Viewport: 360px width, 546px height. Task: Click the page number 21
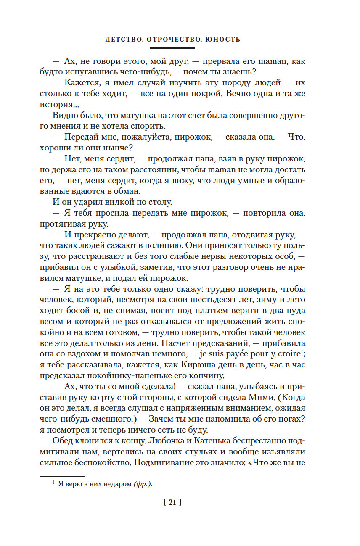point(174,502)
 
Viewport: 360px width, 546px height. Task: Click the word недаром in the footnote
point(114,484)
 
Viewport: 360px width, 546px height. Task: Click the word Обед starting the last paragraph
point(63,441)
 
